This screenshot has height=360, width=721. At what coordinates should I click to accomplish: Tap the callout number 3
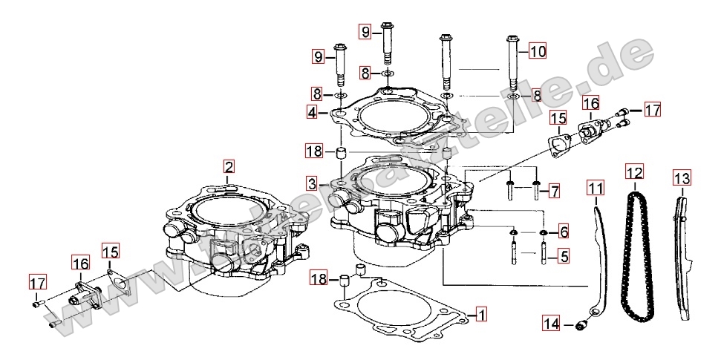(313, 183)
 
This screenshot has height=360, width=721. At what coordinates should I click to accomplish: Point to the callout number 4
(313, 113)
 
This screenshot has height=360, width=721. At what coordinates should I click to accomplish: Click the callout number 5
(564, 257)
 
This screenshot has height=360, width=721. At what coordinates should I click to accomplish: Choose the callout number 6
(564, 232)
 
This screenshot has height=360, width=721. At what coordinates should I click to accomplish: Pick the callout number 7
(554, 192)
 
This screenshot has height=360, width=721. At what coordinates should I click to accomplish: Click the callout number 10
(537, 51)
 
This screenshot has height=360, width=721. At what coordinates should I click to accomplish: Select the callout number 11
(596, 189)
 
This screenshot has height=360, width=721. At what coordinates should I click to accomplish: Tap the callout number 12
(633, 174)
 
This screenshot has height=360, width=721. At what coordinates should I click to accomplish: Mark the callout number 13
(682, 178)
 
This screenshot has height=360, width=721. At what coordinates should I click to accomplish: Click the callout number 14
(551, 324)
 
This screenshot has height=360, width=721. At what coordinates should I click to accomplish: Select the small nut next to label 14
(582, 324)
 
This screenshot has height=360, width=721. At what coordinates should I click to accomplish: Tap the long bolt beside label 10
(512, 71)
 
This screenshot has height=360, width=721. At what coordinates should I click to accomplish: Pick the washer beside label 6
(544, 232)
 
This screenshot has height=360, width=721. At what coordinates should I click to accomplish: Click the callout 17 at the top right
(651, 111)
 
